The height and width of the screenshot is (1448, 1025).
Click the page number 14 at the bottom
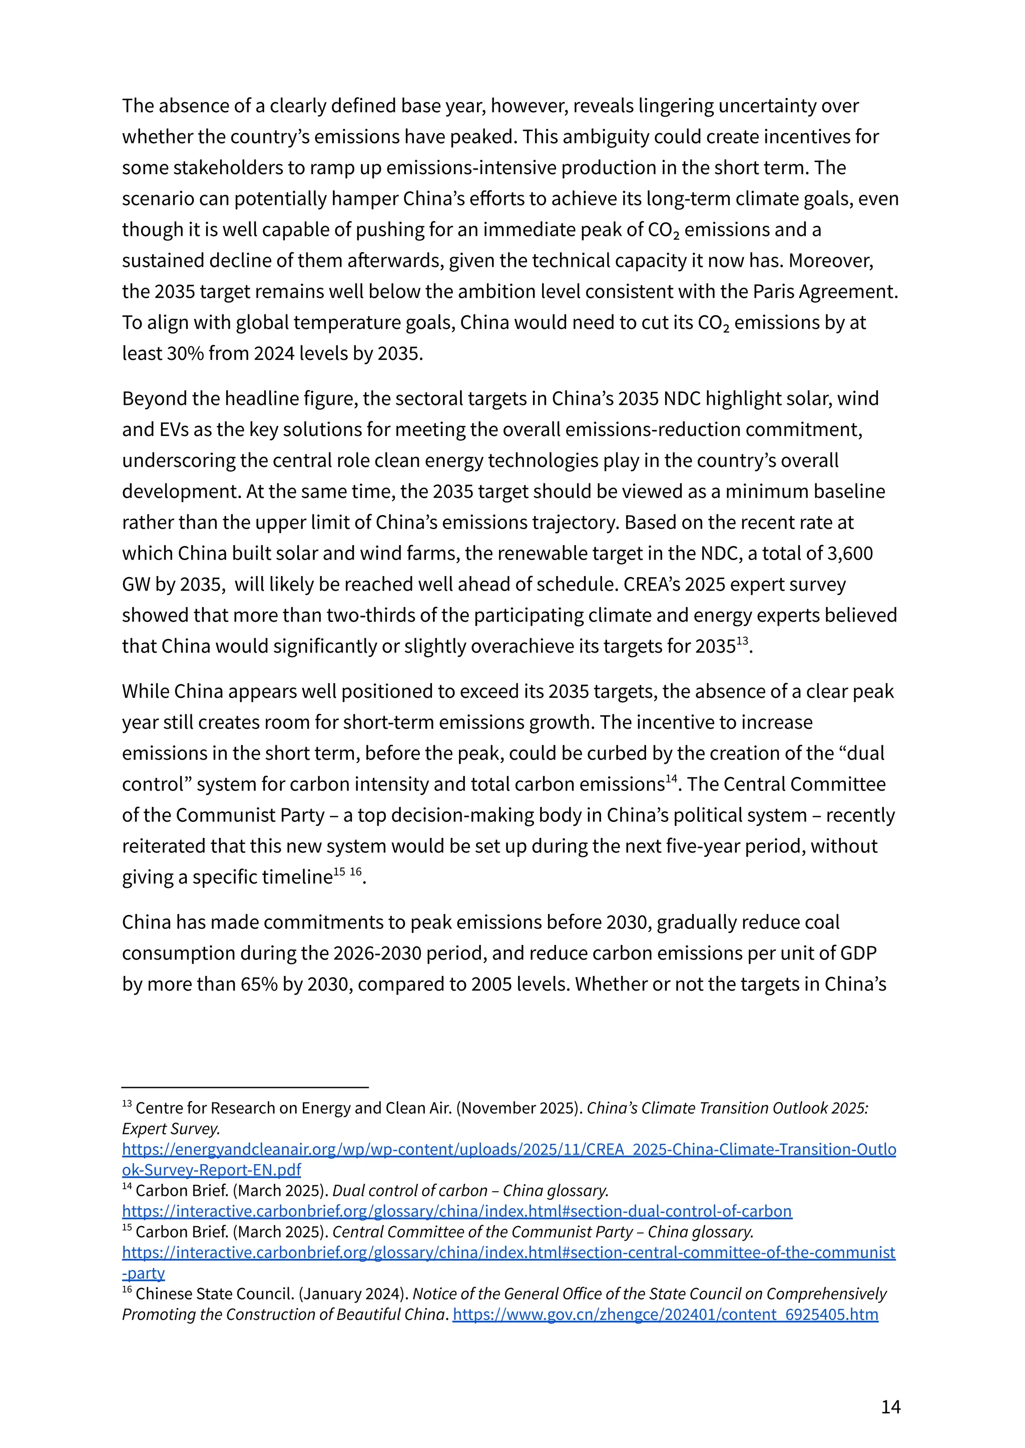coord(890,1407)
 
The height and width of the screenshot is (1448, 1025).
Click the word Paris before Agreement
coord(773,292)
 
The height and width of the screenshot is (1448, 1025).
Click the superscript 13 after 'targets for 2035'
coord(742,641)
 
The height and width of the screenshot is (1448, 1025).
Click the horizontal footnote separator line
coord(245,1088)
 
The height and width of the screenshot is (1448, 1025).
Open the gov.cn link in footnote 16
coord(665,1315)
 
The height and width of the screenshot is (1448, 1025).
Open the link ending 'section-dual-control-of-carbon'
coord(457,1211)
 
